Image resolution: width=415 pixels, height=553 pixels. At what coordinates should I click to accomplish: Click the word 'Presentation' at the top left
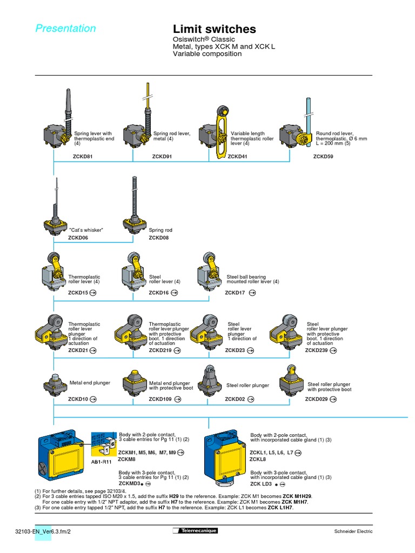click(65, 29)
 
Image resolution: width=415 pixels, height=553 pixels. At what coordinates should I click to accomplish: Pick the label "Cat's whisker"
click(85, 230)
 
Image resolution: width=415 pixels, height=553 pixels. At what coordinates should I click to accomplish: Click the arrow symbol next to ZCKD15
click(93, 293)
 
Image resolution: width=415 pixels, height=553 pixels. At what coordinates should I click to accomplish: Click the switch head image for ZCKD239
click(287, 330)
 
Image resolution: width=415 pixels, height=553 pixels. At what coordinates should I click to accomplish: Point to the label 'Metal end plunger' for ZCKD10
click(90, 382)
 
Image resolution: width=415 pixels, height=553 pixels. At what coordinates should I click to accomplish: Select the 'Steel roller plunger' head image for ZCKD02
click(210, 381)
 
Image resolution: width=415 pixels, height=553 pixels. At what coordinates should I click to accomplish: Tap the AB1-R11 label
click(101, 462)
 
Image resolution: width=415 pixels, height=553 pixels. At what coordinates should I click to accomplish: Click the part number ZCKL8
click(258, 459)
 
